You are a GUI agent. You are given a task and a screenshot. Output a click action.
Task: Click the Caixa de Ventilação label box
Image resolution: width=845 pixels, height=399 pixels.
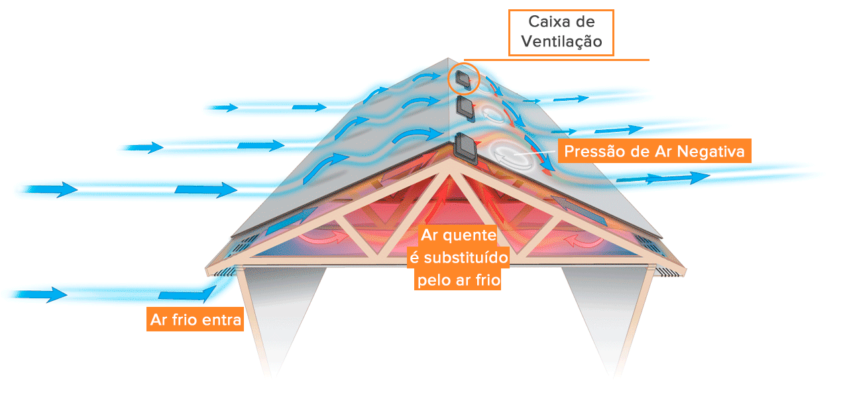tap(561, 32)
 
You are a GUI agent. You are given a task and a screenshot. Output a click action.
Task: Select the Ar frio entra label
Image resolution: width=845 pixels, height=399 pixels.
tap(195, 320)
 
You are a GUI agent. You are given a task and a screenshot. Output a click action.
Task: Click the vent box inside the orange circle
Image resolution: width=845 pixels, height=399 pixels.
tap(462, 80)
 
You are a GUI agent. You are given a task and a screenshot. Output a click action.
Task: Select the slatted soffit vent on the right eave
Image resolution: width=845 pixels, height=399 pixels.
tap(668, 270)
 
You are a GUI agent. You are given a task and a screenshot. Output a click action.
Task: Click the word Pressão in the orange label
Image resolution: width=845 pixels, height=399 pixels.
tap(591, 152)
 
